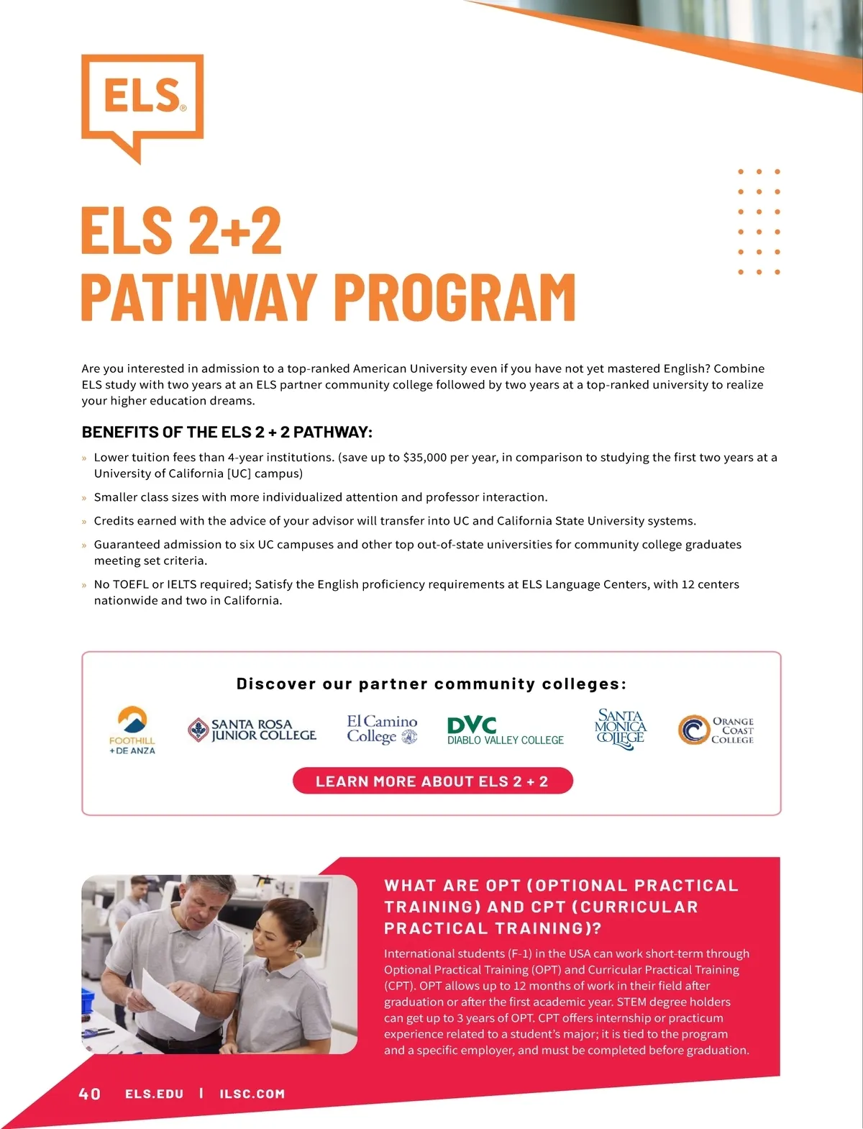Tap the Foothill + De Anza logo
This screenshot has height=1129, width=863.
coord(132,730)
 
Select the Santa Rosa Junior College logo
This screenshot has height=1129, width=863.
coord(252,730)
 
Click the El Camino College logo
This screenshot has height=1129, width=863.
coord(382,729)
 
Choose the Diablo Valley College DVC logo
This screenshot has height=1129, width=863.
coord(505,730)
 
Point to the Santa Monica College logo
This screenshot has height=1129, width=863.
coord(621,729)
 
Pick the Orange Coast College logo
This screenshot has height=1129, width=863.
coord(716,730)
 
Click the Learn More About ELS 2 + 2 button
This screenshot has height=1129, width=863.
coord(432,781)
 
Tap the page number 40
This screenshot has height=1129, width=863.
coord(90,1094)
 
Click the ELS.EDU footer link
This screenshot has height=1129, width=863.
coord(155,1094)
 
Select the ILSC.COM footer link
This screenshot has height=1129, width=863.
coord(252,1094)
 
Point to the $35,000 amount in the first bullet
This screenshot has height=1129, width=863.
coord(425,458)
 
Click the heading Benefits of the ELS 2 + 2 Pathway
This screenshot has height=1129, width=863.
coord(227,432)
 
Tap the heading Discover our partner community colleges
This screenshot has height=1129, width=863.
coord(431,684)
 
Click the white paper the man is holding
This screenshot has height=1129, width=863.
coord(171,997)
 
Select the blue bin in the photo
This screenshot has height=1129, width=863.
coord(88,999)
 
